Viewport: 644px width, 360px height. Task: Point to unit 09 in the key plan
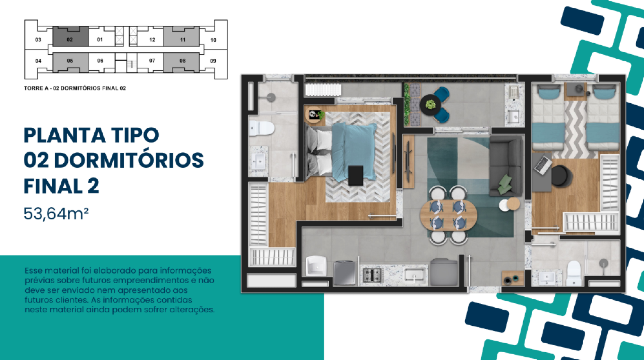213,61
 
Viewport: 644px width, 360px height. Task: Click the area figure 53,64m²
56,214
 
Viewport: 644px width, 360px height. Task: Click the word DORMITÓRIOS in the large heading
129,160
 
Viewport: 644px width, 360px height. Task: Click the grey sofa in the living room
506,166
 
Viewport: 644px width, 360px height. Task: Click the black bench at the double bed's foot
356,175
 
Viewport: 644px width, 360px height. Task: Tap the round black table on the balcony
430,105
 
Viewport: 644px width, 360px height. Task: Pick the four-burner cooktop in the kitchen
373,275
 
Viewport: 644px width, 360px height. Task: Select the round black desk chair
561,175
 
